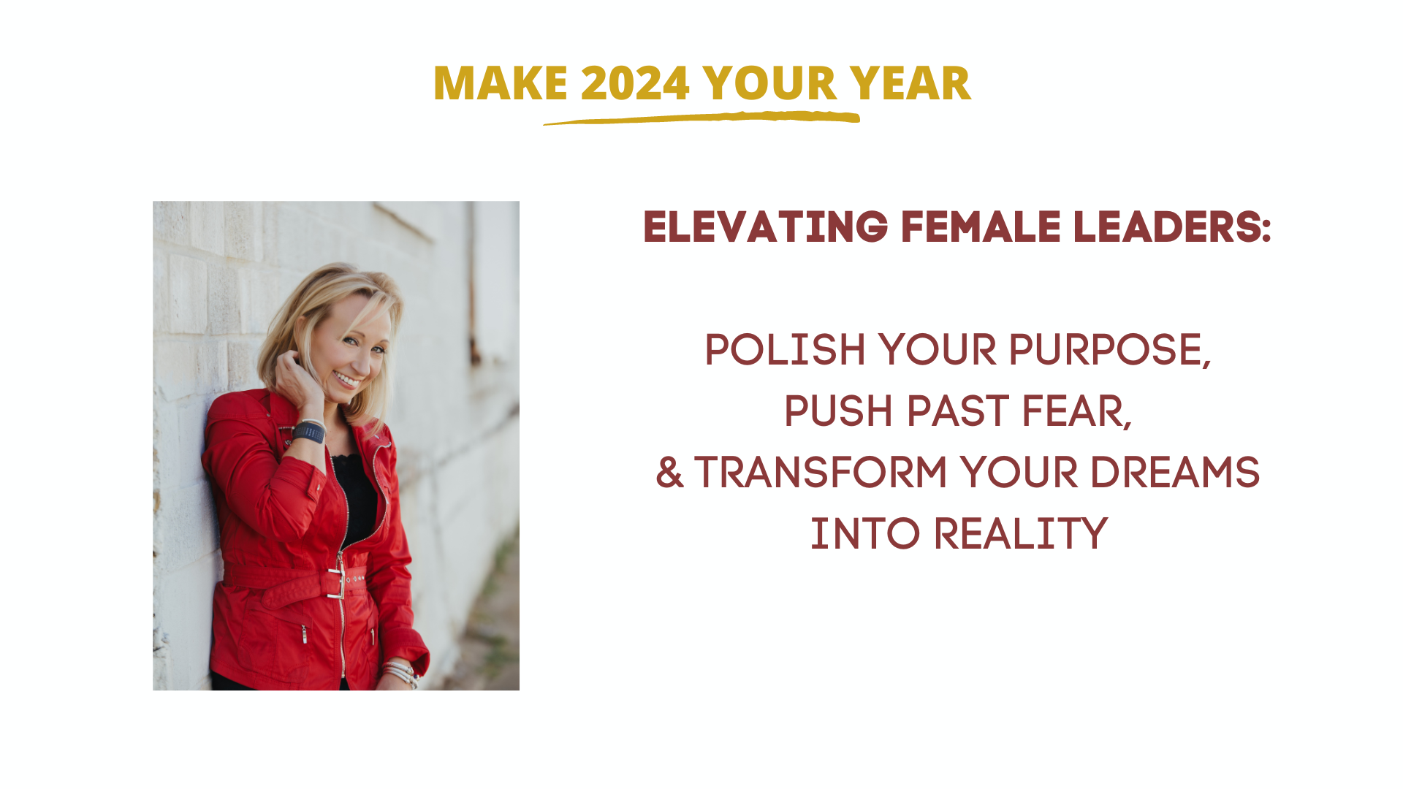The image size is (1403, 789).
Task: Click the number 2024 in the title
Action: (635, 83)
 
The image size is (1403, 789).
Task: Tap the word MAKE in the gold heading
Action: (501, 83)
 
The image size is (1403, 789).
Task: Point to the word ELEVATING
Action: (765, 226)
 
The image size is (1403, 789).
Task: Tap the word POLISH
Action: (785, 349)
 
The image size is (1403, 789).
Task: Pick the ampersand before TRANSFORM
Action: (669, 472)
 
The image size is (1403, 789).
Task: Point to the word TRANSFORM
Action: (821, 472)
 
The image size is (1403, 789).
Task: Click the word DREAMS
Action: (1175, 472)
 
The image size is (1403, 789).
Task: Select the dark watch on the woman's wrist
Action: (309, 432)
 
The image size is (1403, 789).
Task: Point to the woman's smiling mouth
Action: (346, 379)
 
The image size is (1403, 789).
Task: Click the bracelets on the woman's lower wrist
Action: (400, 673)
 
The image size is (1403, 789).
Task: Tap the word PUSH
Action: (839, 411)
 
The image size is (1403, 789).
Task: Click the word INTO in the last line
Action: (865, 533)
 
